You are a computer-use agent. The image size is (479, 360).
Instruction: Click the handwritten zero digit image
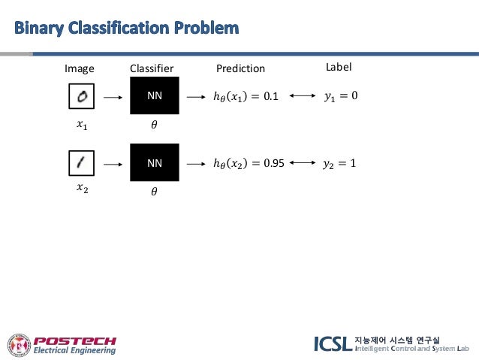point(79,96)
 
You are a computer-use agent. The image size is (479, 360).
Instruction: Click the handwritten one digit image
point(79,162)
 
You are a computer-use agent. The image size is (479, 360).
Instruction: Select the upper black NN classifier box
point(154,96)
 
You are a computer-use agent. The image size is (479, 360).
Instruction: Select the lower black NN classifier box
point(154,162)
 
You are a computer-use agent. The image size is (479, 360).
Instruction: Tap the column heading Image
point(80,68)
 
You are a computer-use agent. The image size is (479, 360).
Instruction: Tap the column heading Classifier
point(152,68)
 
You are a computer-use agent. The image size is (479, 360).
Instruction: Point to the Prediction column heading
point(240,68)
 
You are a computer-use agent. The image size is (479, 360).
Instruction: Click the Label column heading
point(339,67)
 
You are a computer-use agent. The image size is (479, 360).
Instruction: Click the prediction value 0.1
point(270,97)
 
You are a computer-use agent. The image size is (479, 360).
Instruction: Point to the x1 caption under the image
point(82,126)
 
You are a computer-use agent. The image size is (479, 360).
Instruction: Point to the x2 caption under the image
point(82,189)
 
